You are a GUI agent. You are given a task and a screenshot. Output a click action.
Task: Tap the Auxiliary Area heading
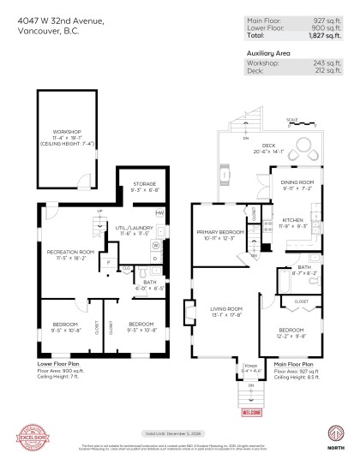269,52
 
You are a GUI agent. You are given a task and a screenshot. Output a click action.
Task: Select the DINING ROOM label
294,182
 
